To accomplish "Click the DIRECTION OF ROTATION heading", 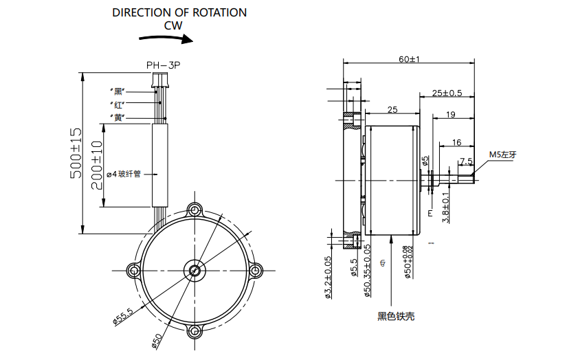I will pos(179,12).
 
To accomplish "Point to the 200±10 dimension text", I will pos(97,165).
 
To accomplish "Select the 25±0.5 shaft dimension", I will pos(447,93).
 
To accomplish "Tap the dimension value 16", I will pos(456,143).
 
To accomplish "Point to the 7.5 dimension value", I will pos(465,161).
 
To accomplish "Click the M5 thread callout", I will pos(502,155).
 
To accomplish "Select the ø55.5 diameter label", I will pos(123,316).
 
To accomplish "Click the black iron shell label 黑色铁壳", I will pos(396,317).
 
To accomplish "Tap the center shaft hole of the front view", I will pos(196,269).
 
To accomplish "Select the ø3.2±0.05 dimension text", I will pos(328,279).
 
